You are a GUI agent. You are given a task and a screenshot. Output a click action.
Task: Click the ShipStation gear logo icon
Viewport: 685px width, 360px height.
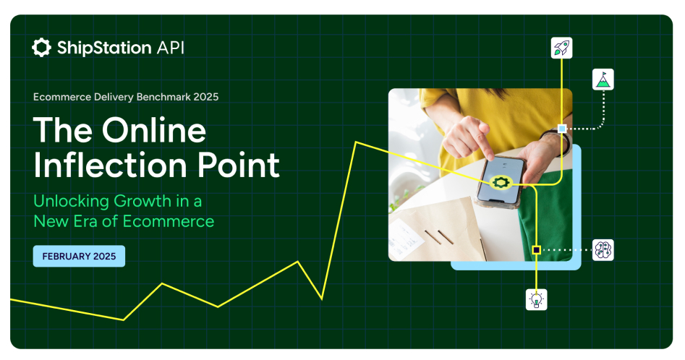41,48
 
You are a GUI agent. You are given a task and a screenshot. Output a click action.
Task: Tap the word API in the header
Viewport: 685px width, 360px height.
171,48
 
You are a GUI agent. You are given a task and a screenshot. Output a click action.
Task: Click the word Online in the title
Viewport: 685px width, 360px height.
154,130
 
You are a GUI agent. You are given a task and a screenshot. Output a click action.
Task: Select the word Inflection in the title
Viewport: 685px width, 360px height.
110,165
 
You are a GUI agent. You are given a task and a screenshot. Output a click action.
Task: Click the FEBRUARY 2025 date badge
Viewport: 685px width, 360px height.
79,256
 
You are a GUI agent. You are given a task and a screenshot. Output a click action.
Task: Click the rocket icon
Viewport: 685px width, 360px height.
562,48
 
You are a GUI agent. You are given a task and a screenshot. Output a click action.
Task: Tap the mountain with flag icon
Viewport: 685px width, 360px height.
603,80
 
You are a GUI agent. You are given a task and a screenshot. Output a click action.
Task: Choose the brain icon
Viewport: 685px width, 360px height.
603,250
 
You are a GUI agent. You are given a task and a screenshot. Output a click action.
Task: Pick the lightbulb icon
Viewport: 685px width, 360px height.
537,299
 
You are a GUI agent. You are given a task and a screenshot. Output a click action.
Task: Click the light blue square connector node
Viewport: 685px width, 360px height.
562,128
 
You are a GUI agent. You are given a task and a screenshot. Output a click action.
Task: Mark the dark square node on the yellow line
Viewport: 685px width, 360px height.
537,250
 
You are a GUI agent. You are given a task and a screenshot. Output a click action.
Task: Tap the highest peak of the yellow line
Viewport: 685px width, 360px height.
357,142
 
